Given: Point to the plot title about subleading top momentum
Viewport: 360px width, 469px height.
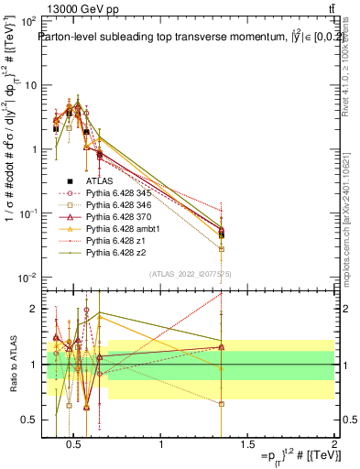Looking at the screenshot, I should [187, 38].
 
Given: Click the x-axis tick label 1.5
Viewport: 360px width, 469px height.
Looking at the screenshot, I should [248, 446].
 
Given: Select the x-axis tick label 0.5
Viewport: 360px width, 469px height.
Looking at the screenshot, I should [75, 446].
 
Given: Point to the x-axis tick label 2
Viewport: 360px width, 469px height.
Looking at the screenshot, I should [334, 446].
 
